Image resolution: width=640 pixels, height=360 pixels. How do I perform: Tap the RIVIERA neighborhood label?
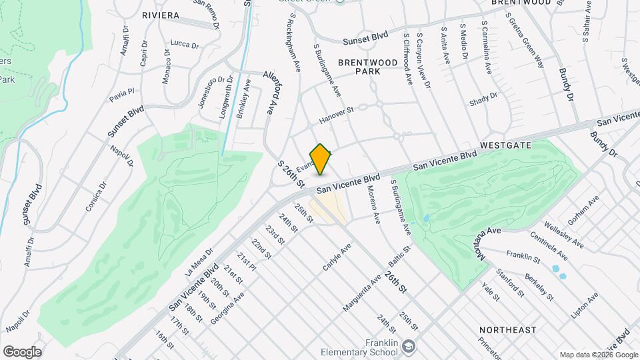pos(160,15)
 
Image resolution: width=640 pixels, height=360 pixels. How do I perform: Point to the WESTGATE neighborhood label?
pos(505,145)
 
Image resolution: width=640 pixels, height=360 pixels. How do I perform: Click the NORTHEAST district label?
pos(507,330)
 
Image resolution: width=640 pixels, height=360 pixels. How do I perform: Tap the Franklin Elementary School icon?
pos(409,346)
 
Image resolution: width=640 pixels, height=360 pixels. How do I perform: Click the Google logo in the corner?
pos(22,352)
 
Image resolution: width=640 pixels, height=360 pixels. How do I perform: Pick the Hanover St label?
pos(335,115)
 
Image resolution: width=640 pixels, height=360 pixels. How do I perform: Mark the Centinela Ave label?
pos(549,246)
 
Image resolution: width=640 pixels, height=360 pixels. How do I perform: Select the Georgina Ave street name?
pos(227,307)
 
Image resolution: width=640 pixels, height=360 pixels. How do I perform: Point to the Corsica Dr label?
pos(95,198)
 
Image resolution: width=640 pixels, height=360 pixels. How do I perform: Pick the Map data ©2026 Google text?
pos(599,355)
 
